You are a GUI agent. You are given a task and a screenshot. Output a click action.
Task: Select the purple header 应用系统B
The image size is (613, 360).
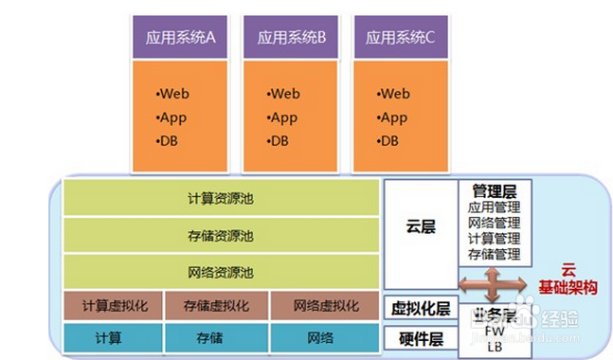pos(291,38)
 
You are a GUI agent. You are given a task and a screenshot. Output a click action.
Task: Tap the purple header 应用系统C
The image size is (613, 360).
pos(400,38)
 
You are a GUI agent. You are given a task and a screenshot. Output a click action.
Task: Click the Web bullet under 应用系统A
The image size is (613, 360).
pos(174,94)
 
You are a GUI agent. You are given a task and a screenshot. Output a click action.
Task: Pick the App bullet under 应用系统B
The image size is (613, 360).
pos(283,117)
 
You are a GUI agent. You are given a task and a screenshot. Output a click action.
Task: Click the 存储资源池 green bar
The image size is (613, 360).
pos(220,235)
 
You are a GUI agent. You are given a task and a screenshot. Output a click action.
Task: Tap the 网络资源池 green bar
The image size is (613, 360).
pos(220,271)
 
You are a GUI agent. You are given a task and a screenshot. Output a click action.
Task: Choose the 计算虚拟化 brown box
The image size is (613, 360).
pos(113,306)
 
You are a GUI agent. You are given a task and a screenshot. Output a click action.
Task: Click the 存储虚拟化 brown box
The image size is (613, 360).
pos(217,306)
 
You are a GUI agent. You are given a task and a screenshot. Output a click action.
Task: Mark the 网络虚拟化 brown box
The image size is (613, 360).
pos(325,306)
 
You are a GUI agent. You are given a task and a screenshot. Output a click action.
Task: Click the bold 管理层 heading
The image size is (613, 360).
pos(494,191)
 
